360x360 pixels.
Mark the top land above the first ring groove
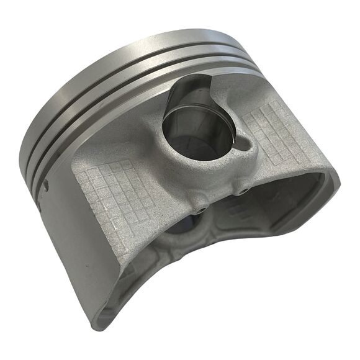point(124,47)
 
